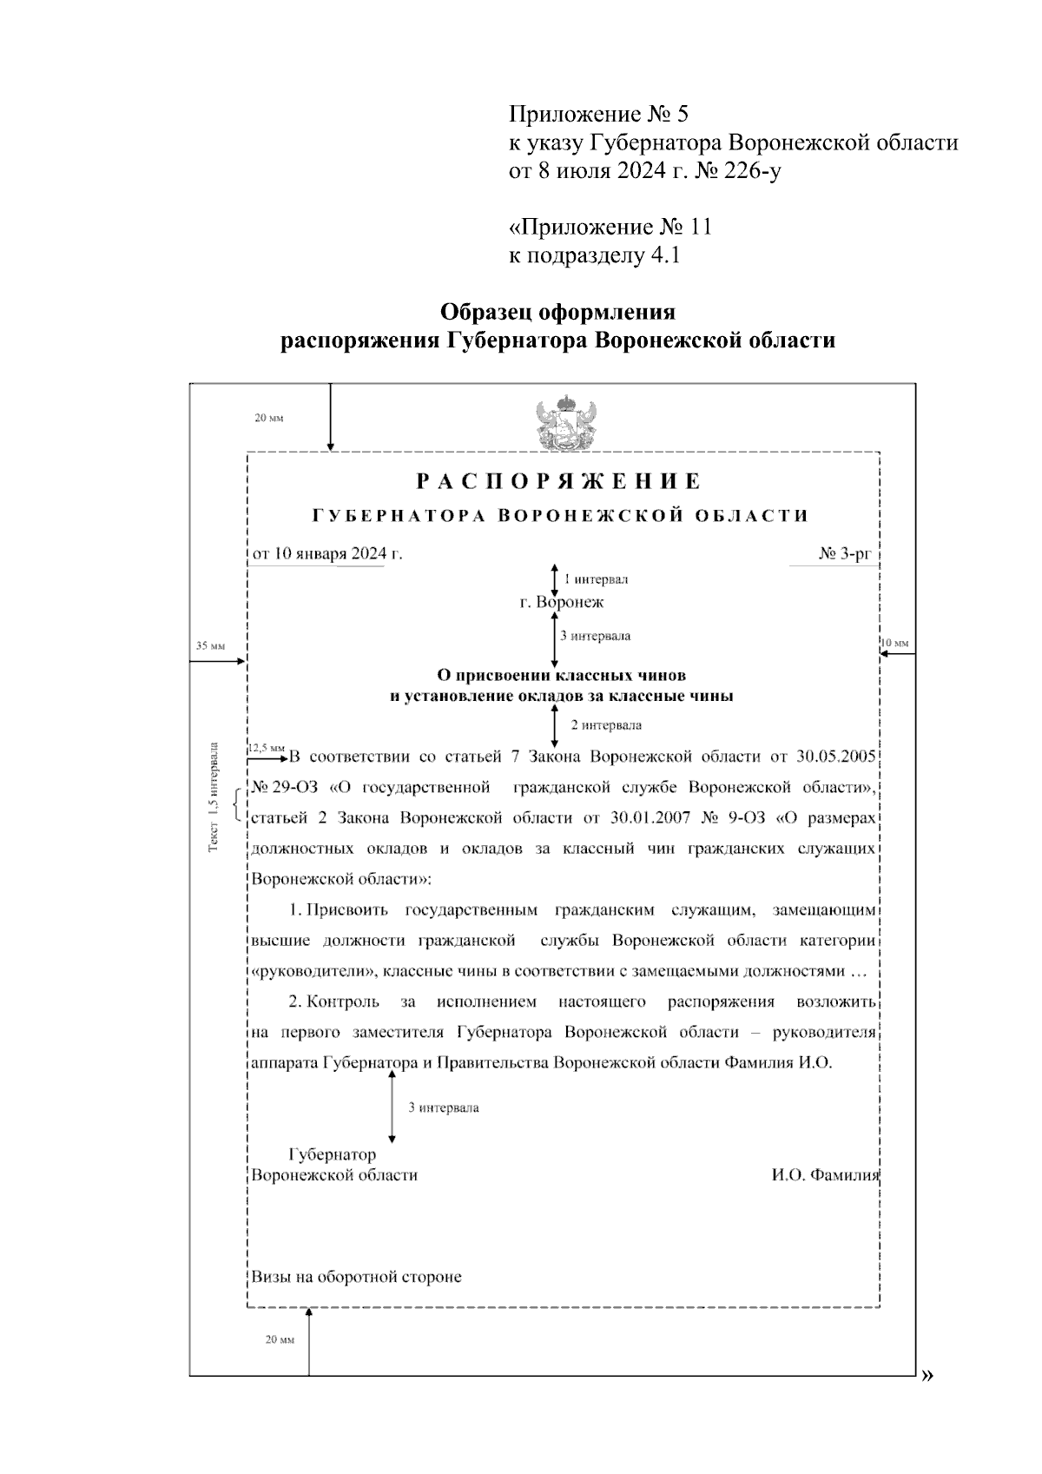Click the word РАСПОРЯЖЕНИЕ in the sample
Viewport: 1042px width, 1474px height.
point(558,481)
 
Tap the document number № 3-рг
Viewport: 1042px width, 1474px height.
point(850,553)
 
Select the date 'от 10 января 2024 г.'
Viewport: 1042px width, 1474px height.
point(327,553)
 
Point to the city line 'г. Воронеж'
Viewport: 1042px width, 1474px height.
point(562,602)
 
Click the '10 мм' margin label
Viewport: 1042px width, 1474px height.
point(894,644)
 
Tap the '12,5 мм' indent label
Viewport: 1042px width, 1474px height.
point(266,747)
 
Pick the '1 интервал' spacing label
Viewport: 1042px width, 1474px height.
point(596,579)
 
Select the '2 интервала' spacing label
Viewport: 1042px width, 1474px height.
point(605,724)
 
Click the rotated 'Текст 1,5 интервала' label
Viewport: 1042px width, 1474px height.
point(214,796)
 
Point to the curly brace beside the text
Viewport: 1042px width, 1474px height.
point(239,803)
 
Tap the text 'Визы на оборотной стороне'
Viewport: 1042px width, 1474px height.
point(356,1277)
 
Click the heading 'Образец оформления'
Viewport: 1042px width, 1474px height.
point(557,311)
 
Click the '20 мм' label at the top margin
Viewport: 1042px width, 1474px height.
point(269,418)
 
